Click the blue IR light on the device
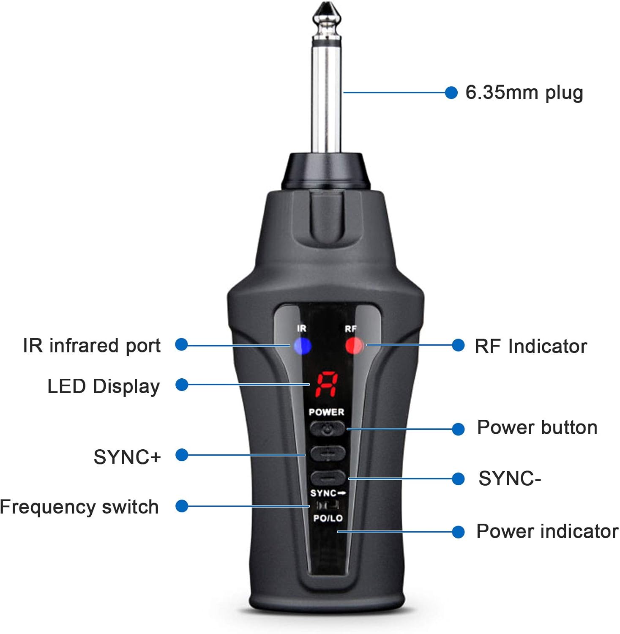click(x=303, y=346)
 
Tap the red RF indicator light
click(x=354, y=345)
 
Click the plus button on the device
click(x=328, y=454)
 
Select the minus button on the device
click(x=328, y=478)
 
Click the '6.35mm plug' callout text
click(x=524, y=93)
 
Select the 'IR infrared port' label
click(x=92, y=345)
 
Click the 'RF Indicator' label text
click(x=531, y=346)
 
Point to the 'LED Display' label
click(x=104, y=386)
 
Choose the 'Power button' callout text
click(x=537, y=428)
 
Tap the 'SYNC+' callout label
click(x=127, y=457)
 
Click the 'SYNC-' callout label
click(x=510, y=479)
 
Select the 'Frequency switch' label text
click(x=79, y=507)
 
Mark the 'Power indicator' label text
click(x=547, y=531)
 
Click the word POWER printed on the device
click(x=326, y=412)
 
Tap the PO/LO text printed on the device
click(x=328, y=518)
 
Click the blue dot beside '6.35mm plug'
click(x=451, y=93)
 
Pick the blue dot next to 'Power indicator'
click(x=458, y=532)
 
